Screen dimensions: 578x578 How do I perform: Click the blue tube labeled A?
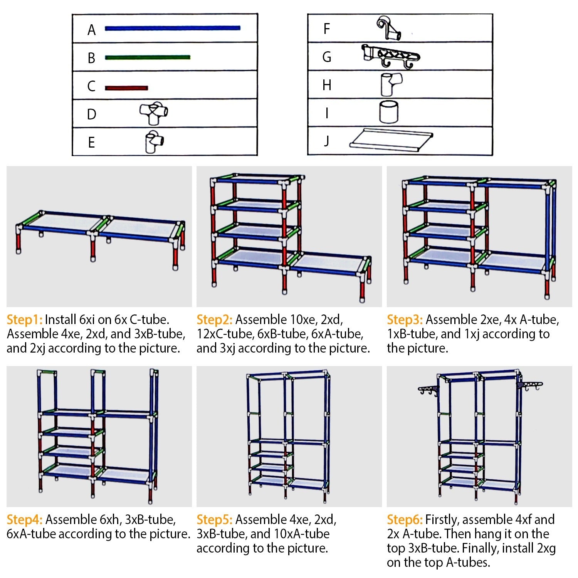point(172,28)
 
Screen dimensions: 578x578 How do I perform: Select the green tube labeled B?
point(147,57)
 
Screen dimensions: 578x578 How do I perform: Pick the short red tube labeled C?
point(126,88)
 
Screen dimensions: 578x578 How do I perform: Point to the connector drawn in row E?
point(154,142)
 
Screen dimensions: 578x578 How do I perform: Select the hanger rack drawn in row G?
point(391,56)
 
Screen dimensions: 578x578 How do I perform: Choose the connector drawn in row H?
point(390,84)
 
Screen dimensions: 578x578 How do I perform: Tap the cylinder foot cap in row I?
point(389,112)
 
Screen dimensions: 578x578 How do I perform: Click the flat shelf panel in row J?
point(391,139)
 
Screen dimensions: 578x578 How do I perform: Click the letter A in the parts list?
point(91,30)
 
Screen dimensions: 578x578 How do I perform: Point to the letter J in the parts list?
point(326,141)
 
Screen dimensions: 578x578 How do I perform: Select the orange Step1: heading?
point(24,320)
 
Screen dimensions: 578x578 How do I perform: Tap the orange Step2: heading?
point(214,320)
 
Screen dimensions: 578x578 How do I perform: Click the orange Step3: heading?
point(405,320)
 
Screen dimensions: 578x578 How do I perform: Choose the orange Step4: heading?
point(24,520)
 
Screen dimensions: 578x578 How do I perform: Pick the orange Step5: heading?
point(214,520)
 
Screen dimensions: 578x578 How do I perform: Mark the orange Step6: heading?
point(405,520)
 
